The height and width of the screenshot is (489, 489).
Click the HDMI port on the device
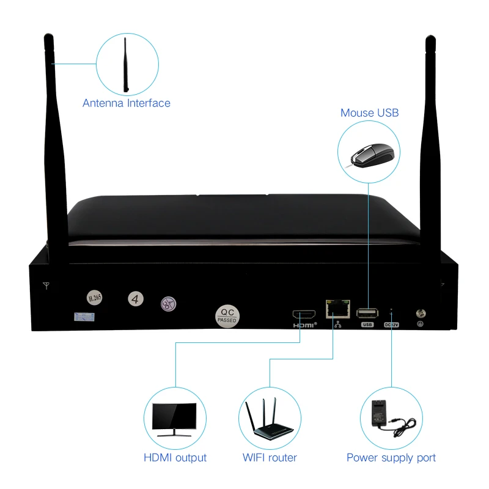pyautogui.click(x=304, y=314)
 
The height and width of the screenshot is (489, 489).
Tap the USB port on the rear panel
pyautogui.click(x=367, y=314)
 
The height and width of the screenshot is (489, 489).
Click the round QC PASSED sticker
pyautogui.click(x=227, y=315)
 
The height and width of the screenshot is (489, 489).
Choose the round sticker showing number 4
pyautogui.click(x=136, y=299)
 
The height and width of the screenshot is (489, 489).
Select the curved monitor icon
pyautogui.click(x=175, y=419)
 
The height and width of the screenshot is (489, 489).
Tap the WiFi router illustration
pyautogui.click(x=270, y=419)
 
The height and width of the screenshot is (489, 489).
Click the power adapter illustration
pyautogui.click(x=392, y=419)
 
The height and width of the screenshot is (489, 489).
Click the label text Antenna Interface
pyautogui.click(x=127, y=103)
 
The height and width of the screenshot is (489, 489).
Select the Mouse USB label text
pyautogui.click(x=369, y=112)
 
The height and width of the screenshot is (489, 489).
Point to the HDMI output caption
pyautogui.click(x=175, y=458)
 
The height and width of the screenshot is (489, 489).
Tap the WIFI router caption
pyautogui.click(x=270, y=458)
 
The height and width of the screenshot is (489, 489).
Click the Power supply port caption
pyautogui.click(x=391, y=458)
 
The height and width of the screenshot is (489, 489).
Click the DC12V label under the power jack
pyautogui.click(x=391, y=325)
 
